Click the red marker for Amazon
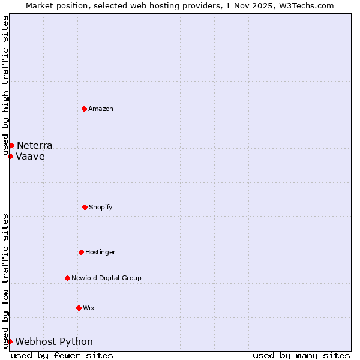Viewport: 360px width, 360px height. (84, 109)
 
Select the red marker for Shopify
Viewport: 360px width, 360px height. (85, 207)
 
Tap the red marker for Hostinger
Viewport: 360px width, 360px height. (81, 252)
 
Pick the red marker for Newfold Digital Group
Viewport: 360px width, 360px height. (67, 278)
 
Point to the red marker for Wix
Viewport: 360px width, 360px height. (79, 308)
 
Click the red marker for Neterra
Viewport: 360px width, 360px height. (11, 145)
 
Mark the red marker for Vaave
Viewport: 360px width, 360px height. (10, 156)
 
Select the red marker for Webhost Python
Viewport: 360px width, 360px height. (10, 341)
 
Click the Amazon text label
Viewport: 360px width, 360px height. (101, 109)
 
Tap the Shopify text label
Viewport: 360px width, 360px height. (101, 208)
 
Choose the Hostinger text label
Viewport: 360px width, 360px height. (100, 253)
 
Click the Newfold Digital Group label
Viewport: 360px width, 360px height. (106, 278)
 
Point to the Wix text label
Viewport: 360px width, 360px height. (89, 308)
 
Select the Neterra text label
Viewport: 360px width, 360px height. (34, 146)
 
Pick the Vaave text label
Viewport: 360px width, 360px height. (30, 157)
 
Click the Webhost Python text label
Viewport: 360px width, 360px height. (54, 342)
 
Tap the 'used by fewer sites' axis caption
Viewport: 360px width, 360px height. (62, 355)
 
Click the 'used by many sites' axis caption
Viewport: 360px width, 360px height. (301, 355)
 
